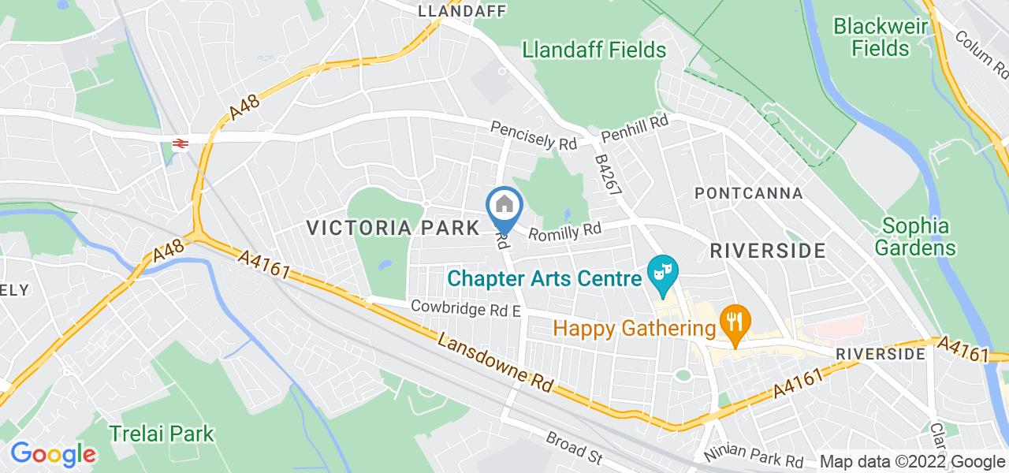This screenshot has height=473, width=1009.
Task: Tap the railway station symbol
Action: (180, 143)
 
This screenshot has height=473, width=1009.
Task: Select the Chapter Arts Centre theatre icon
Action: (662, 274)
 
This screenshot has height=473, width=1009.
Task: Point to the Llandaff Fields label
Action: (594, 50)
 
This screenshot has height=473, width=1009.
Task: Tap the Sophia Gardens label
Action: (915, 236)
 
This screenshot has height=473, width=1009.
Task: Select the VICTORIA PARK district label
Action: (393, 229)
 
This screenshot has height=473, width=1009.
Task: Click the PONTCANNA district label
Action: (748, 193)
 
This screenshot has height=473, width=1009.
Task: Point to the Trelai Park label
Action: (162, 434)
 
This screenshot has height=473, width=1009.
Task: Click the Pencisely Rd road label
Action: (534, 136)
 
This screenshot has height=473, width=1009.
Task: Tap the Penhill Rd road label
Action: (635, 128)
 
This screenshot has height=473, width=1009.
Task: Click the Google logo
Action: (53, 454)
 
